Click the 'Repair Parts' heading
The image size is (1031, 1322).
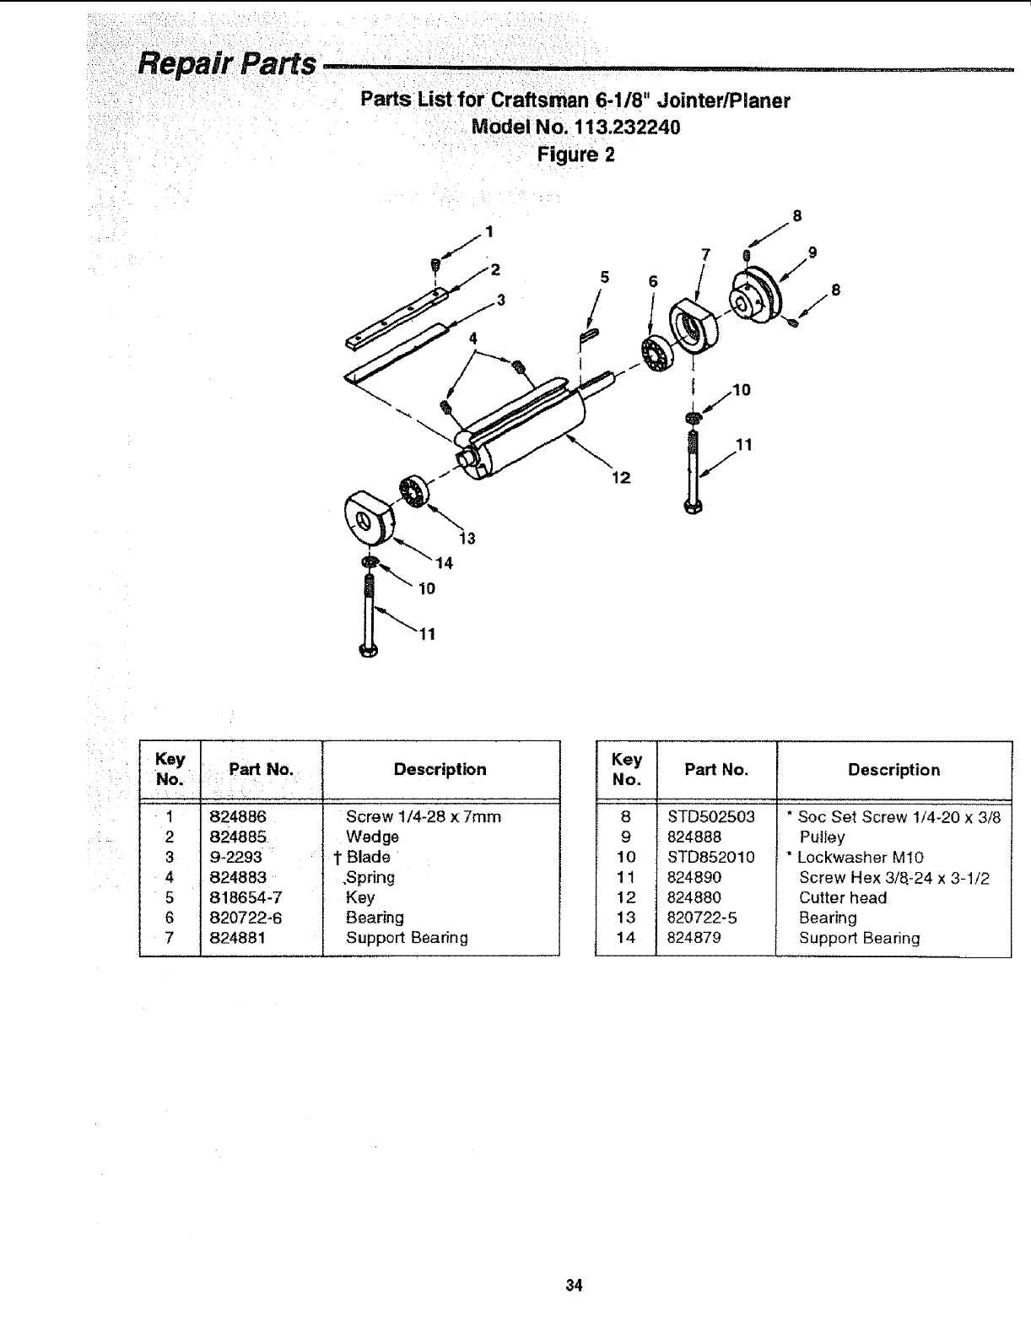click(227, 63)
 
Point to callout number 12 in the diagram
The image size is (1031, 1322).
click(620, 478)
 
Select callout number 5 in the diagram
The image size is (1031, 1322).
click(604, 275)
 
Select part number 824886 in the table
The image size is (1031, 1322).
click(238, 817)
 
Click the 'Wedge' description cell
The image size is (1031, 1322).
click(372, 837)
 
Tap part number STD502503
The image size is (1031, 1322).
click(711, 817)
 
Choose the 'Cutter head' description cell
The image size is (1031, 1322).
click(842, 898)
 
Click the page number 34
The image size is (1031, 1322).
click(575, 1286)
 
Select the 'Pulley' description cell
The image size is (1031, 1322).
click(822, 837)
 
